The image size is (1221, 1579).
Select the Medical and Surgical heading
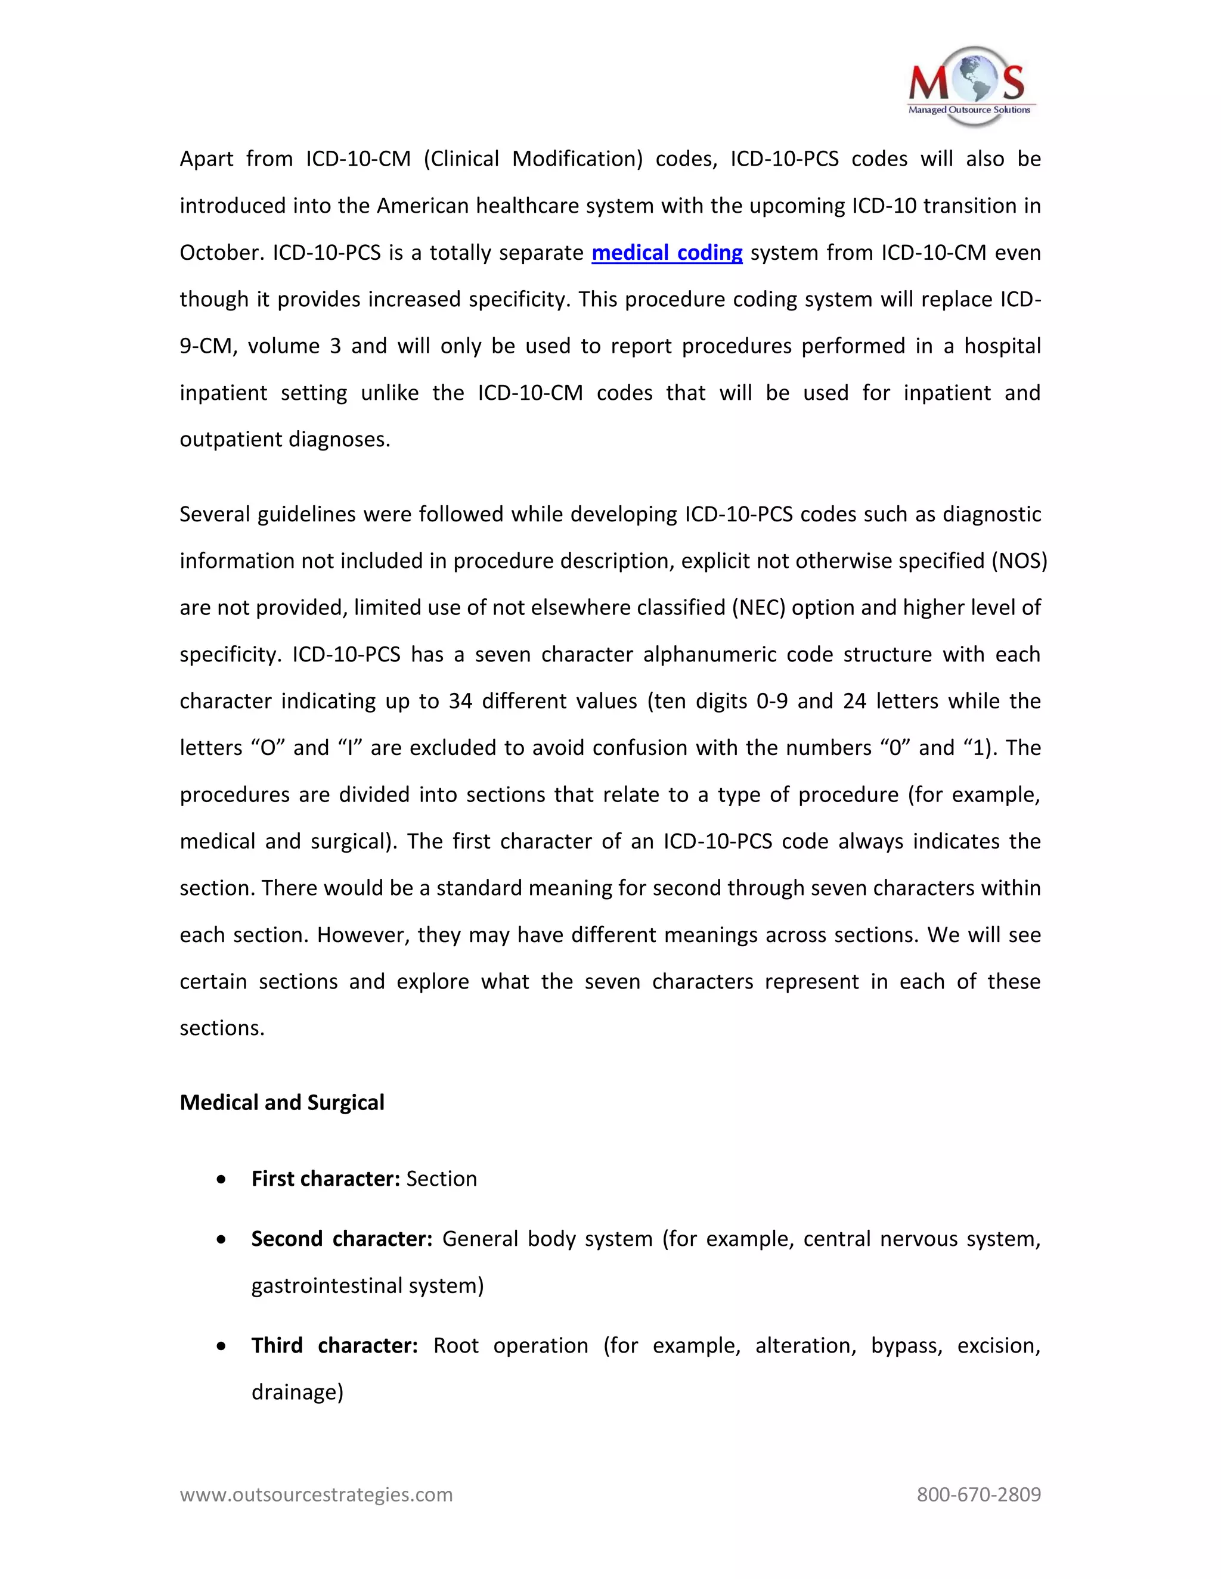click(x=281, y=1102)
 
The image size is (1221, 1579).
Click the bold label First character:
click(x=325, y=1179)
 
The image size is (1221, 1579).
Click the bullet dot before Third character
click(x=221, y=1346)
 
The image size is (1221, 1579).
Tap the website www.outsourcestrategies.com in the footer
click(x=315, y=1494)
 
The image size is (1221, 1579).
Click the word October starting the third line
click(x=221, y=253)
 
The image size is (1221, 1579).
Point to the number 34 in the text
click(x=460, y=701)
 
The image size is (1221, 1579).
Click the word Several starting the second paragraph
click(x=215, y=515)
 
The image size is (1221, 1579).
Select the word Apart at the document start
click(x=206, y=159)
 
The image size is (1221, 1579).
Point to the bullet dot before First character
click(x=221, y=1180)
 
